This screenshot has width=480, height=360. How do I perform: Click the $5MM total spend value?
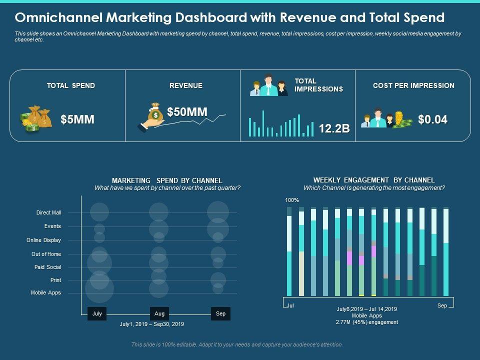77,120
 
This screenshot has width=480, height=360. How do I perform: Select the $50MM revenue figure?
187,112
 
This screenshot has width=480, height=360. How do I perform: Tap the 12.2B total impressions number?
334,128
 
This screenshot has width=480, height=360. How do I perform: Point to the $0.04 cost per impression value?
432,119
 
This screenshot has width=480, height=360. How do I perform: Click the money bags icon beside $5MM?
36,119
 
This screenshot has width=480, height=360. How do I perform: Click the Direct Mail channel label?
48,213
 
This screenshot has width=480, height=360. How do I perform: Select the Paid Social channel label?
47,267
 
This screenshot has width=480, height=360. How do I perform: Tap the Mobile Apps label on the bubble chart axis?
45,293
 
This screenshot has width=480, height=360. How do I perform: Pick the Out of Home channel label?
46,254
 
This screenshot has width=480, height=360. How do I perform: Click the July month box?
97,313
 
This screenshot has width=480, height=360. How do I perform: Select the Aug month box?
159,313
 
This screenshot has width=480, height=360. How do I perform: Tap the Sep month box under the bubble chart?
220,313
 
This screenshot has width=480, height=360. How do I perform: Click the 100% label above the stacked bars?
292,200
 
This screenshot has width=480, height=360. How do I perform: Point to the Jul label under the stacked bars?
290,304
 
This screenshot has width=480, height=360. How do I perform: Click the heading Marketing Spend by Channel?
167,180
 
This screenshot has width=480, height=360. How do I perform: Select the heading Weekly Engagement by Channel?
374,180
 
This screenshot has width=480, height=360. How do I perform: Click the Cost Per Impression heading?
413,85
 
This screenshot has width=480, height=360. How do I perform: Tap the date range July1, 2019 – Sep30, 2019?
152,324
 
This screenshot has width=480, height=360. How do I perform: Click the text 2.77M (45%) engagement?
367,322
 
